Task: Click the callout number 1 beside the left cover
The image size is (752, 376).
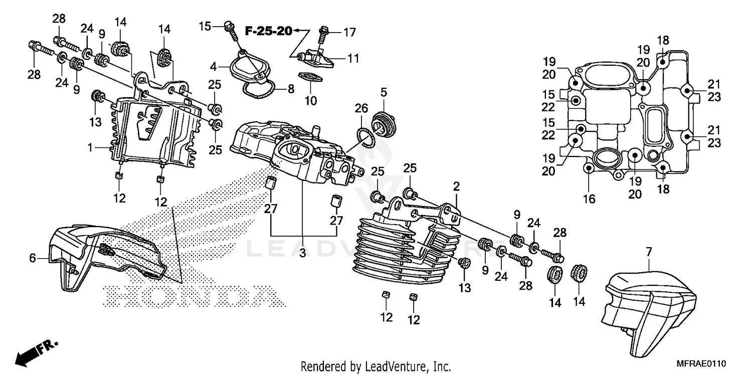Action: (x=90, y=148)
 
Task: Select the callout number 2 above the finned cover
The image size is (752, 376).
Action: (x=456, y=186)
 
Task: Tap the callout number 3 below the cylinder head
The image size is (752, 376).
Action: (x=303, y=254)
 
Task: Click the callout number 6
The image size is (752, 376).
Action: (x=33, y=258)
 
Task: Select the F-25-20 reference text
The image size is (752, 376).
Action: (x=268, y=31)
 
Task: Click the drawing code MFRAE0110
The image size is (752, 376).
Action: (x=702, y=363)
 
